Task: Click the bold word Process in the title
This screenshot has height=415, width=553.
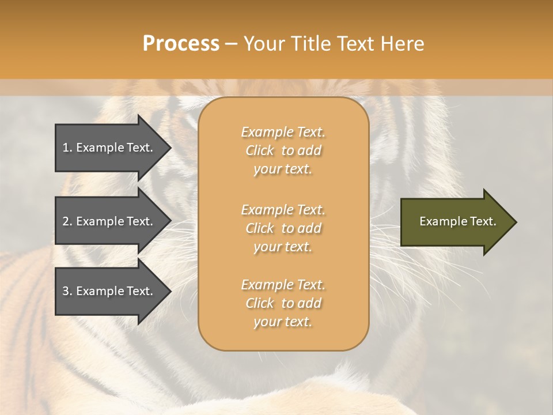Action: coord(181,43)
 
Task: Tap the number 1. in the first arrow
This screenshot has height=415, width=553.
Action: coord(67,148)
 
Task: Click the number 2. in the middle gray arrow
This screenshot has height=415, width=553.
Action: coord(67,221)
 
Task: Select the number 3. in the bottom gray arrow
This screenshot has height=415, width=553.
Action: coord(67,291)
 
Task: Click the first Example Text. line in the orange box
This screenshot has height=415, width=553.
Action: coord(283,132)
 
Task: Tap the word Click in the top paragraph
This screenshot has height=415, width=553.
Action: coord(260,150)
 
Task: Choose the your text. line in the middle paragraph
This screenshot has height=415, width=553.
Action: coord(283,247)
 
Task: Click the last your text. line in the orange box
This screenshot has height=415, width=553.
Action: coord(283,322)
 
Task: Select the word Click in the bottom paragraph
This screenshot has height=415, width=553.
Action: coord(260,303)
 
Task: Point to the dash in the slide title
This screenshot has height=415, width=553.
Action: coord(232,44)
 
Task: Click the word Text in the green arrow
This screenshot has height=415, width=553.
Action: coord(483,221)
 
